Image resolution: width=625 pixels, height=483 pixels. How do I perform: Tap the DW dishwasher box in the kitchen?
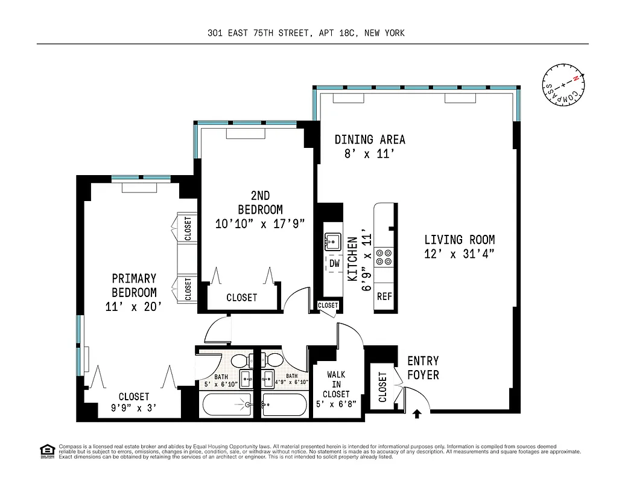click(334, 264)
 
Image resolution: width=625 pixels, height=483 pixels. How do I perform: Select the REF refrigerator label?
click(384, 296)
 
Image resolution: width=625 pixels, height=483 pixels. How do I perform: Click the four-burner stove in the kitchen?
click(384, 257)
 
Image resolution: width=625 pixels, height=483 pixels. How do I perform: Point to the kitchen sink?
click(333, 241)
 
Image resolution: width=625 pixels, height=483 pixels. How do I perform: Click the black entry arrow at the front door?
click(416, 414)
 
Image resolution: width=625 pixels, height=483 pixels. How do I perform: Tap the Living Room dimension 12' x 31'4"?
click(460, 254)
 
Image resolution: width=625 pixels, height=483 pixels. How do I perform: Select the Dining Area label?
click(370, 139)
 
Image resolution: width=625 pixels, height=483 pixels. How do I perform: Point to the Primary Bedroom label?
click(134, 286)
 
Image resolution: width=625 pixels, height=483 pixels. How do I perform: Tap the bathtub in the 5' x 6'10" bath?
click(226, 405)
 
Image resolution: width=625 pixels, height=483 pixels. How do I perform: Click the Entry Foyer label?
click(423, 368)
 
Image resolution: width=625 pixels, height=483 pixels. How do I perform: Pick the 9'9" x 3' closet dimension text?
click(133, 408)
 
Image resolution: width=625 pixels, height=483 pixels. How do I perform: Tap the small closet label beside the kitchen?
click(328, 305)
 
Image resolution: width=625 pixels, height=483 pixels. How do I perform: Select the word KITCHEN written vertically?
click(353, 260)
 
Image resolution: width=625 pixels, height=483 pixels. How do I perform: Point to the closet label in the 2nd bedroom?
click(242, 298)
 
